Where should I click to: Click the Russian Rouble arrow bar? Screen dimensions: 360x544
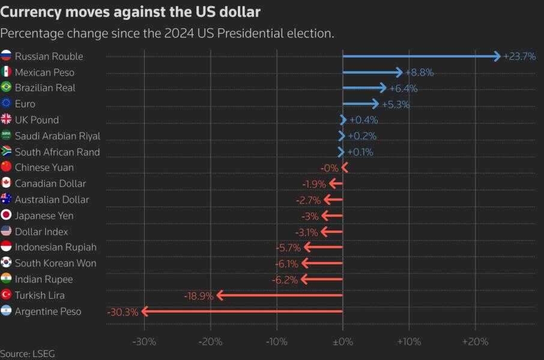420,56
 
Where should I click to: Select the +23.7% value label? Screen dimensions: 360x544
519,56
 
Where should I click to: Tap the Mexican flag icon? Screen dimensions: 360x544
7,72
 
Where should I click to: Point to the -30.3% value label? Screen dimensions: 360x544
122,311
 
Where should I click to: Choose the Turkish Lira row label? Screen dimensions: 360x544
40,295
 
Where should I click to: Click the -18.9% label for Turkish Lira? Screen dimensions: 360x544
199,295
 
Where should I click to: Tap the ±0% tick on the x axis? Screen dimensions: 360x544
343,342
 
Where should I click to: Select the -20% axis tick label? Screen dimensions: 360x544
211,342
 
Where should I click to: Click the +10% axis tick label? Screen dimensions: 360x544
409,342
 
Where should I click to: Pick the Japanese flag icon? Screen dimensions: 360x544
7,215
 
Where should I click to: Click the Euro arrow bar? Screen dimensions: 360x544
360,104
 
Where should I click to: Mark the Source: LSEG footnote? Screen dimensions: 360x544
27,354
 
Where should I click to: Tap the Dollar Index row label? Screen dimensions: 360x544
41,232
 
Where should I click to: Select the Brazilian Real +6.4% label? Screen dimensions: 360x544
403,88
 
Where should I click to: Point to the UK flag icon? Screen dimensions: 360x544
7,120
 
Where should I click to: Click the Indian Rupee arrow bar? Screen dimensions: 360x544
322,280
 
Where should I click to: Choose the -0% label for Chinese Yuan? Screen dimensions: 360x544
329,168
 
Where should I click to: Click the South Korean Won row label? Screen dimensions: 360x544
55,263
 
